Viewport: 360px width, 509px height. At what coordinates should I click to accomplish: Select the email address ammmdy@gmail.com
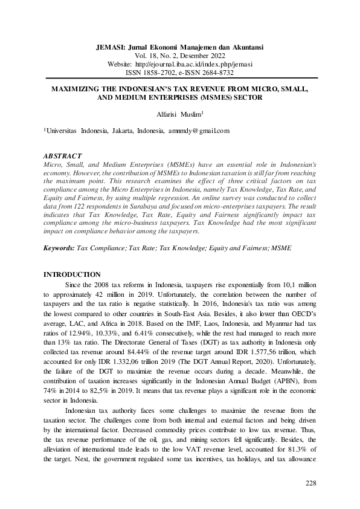point(197,130)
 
